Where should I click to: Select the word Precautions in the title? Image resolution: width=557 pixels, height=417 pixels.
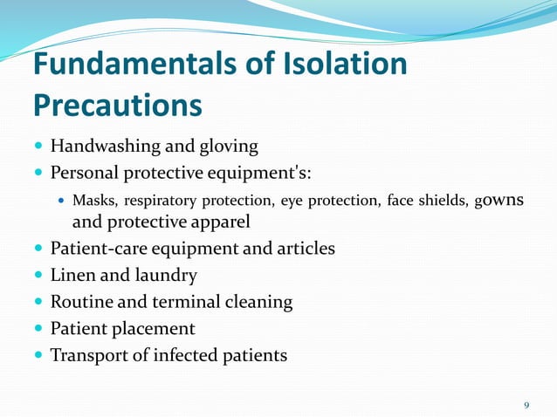point(118,106)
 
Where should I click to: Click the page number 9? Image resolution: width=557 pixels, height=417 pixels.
point(526,405)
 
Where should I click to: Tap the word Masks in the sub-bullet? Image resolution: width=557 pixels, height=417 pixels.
point(94,202)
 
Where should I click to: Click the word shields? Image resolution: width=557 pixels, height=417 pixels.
point(444,202)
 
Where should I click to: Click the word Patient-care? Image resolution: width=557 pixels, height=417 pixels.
point(99,249)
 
